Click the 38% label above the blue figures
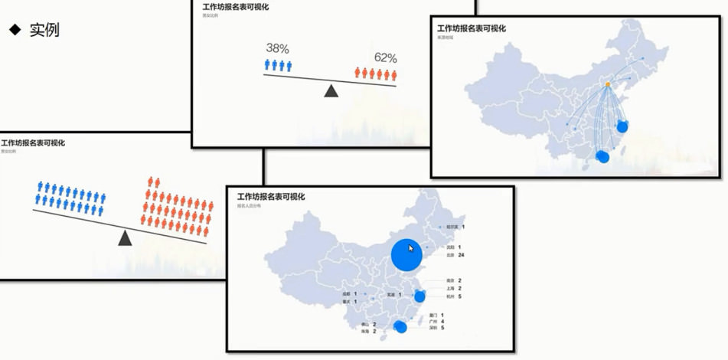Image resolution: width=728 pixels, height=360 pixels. click(x=278, y=49)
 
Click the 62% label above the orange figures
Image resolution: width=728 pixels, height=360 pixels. click(x=386, y=57)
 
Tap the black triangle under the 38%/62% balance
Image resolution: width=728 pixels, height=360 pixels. click(x=331, y=91)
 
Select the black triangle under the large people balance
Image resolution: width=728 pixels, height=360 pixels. click(x=125, y=239)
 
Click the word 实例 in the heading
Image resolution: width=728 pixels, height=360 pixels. click(x=44, y=30)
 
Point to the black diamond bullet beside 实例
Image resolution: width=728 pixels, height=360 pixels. click(x=14, y=30)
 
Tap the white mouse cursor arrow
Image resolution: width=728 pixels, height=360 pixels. click(x=412, y=248)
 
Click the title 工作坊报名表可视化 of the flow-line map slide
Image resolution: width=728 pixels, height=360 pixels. click(x=471, y=28)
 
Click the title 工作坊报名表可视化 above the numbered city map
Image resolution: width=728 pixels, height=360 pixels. click(x=271, y=197)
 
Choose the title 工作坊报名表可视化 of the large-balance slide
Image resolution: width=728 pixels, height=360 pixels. click(x=34, y=143)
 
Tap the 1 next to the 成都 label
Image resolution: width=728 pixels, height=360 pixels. click(x=356, y=293)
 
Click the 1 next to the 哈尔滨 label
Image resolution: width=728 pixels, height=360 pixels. click(x=463, y=227)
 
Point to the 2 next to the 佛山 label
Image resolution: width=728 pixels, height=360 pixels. click(x=374, y=324)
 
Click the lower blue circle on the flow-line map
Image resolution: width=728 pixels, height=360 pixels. click(x=603, y=157)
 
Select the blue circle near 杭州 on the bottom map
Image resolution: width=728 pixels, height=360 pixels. click(x=419, y=296)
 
